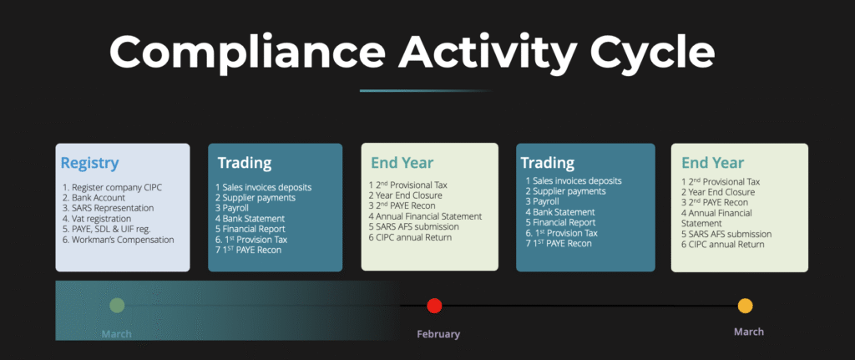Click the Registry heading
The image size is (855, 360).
coord(89,163)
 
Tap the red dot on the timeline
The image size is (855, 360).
coord(434,306)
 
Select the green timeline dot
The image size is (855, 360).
coord(117,306)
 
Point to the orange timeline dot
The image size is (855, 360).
coord(745,306)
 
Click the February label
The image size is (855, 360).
coord(438,334)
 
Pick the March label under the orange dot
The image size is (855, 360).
coord(749,332)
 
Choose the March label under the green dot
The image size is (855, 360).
coord(117,334)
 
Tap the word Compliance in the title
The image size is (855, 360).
coord(247,51)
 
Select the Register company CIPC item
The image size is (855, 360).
coord(113,187)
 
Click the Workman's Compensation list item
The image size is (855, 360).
coord(118,240)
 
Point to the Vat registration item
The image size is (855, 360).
coord(97,219)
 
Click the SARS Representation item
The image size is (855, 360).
coord(108,208)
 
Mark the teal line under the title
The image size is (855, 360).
coord(426,90)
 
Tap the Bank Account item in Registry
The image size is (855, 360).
coord(94,197)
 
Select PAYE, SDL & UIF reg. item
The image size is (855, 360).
coord(106,229)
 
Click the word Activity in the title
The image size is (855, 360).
coord(485,51)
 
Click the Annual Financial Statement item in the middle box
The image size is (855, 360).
coord(425,216)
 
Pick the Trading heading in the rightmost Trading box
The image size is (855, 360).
coord(548,163)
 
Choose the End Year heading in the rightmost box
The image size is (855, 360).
coord(713,163)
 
